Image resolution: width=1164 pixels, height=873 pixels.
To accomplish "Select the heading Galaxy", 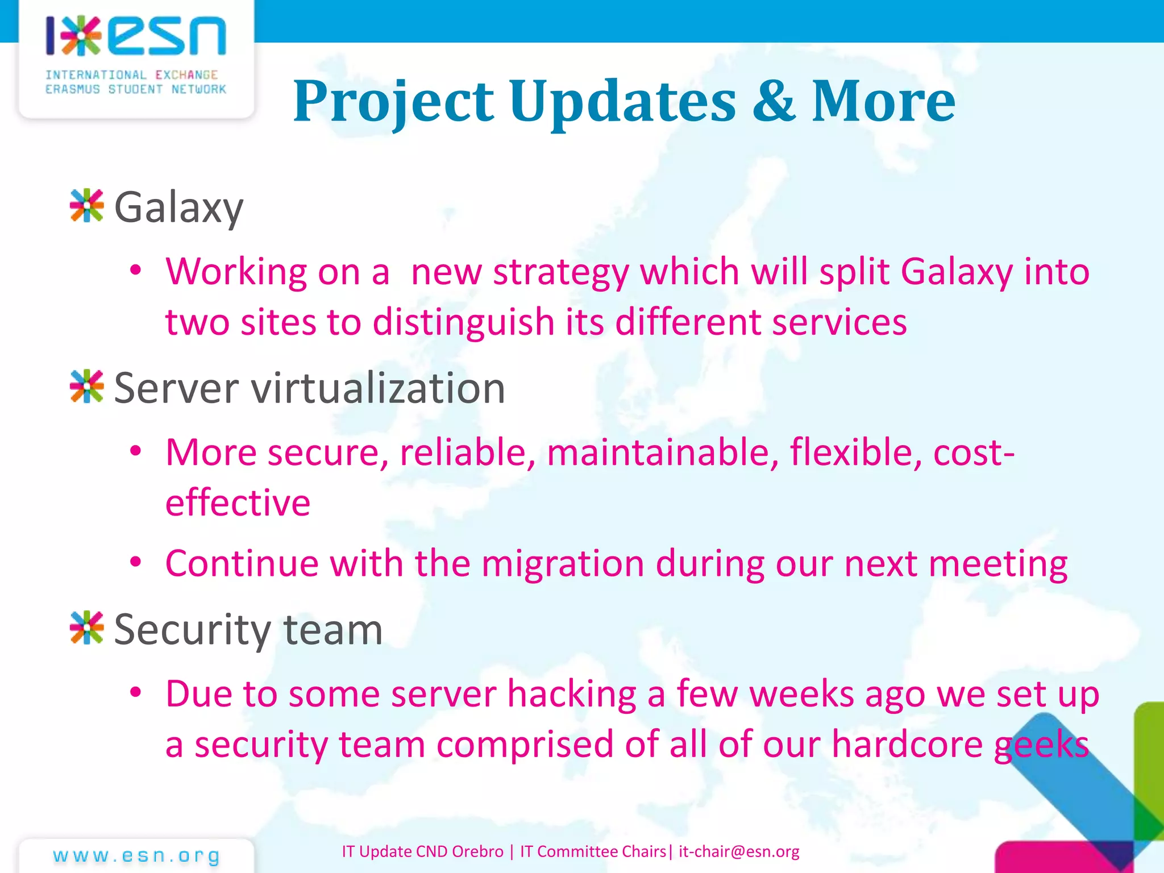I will click(x=178, y=208).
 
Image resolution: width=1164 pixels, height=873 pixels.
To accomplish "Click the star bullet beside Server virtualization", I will click(x=86, y=387).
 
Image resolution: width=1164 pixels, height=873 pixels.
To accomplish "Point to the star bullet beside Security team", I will click(x=86, y=628).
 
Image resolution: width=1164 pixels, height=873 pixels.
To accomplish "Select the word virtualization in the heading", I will click(x=378, y=388).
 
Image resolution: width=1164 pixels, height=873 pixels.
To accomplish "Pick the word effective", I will click(x=238, y=503).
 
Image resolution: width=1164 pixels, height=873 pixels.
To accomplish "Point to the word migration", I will click(x=563, y=564).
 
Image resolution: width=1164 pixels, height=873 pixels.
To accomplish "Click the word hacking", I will click(x=571, y=695).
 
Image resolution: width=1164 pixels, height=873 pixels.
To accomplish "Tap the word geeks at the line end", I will click(x=1041, y=745).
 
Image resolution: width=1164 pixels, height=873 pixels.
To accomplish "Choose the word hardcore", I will click(x=907, y=745).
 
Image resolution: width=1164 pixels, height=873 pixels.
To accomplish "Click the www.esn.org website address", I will click(x=136, y=855).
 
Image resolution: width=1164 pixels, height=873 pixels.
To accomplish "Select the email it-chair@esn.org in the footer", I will click(x=739, y=851).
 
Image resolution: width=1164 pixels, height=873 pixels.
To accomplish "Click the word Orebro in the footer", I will click(x=477, y=851).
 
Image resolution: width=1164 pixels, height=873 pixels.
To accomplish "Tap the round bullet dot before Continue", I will click(x=135, y=562).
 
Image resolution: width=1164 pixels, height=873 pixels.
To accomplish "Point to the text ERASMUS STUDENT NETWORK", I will click(x=136, y=89).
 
